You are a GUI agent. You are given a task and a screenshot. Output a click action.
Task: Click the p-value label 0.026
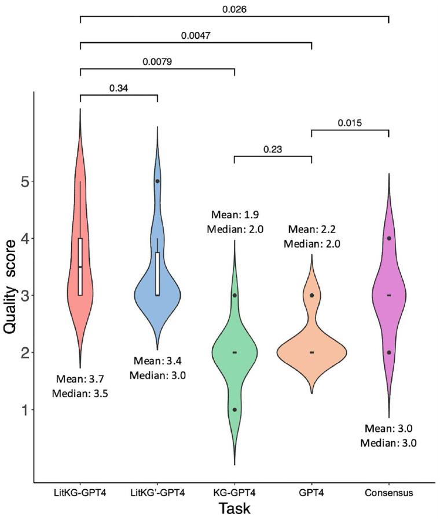pos(234,9)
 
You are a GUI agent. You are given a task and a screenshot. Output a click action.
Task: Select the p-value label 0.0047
pos(196,35)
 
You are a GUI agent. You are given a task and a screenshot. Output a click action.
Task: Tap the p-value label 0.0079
pos(157,61)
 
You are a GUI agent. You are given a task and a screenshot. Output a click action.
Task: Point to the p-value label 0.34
pos(119,89)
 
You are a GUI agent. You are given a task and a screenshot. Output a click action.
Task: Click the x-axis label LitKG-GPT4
pos(80,493)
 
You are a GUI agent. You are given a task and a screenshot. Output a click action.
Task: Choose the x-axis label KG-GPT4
pos(234,493)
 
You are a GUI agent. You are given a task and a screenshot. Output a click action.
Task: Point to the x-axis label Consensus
pos(388,493)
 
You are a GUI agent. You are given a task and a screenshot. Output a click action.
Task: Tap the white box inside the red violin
pos(80,267)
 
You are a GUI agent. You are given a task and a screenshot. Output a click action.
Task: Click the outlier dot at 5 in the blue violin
pos(157,181)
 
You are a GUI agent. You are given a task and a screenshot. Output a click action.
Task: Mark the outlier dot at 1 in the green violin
pos(234,409)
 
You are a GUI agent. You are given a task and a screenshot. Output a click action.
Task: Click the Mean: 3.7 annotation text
pos(80,380)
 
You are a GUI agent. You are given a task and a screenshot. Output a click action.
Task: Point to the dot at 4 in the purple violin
pos(388,238)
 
